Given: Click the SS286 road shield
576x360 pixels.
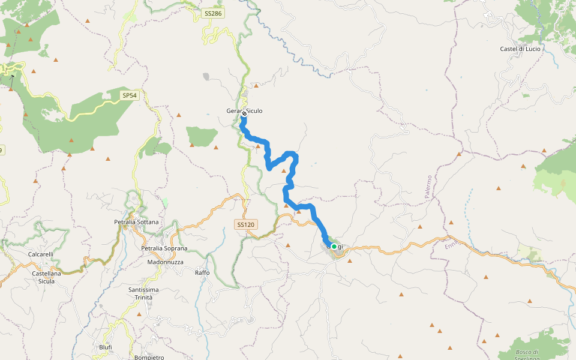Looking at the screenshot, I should (x=213, y=13).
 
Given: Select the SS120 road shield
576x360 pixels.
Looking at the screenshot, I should (x=245, y=224).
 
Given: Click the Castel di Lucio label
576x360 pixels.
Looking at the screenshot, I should (x=520, y=49).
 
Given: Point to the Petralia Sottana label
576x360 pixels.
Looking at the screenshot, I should (x=136, y=222).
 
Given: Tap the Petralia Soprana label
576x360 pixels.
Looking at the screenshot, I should (x=164, y=248).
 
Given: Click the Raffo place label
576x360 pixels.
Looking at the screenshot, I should (x=202, y=273).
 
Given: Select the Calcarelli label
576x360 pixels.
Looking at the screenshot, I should (x=41, y=254).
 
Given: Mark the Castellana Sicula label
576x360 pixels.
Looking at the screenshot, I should (x=43, y=277).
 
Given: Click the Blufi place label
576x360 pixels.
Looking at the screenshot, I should (x=105, y=347).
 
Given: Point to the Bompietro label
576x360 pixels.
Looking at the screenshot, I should (x=150, y=358).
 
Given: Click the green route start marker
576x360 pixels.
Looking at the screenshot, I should (x=334, y=246).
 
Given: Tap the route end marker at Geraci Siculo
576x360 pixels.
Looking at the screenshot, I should (x=244, y=112).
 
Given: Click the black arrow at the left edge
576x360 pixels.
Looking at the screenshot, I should (x=11, y=77).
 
